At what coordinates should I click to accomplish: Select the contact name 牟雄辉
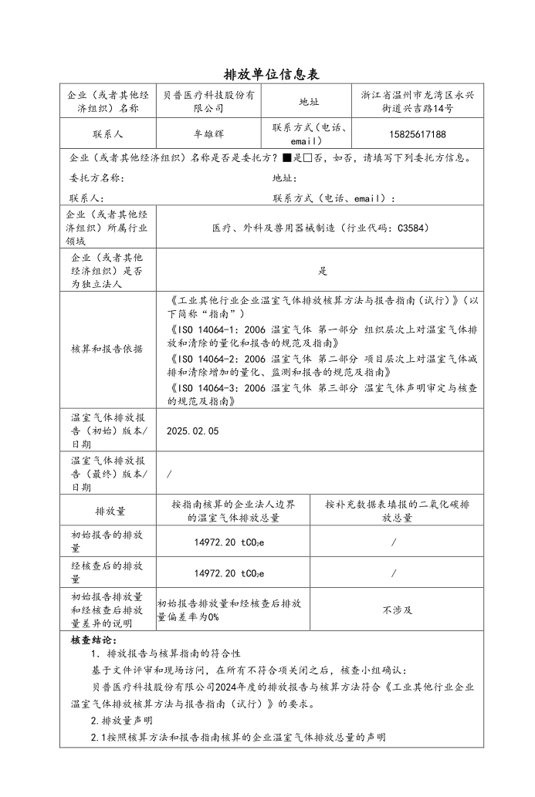click(x=209, y=134)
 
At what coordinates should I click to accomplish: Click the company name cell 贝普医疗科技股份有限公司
click(x=209, y=101)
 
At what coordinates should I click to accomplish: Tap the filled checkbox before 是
click(x=287, y=158)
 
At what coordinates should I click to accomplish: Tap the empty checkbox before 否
click(x=307, y=158)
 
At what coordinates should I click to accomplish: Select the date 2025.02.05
click(x=193, y=431)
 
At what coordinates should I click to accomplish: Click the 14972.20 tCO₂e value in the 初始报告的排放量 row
click(x=229, y=542)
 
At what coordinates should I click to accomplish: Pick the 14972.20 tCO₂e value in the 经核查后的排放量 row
click(x=229, y=573)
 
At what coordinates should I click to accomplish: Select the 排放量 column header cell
click(x=110, y=511)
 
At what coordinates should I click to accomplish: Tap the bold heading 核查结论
click(x=93, y=640)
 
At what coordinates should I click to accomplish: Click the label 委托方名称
click(x=97, y=178)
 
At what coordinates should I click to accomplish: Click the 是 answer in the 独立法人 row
click(x=323, y=271)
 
